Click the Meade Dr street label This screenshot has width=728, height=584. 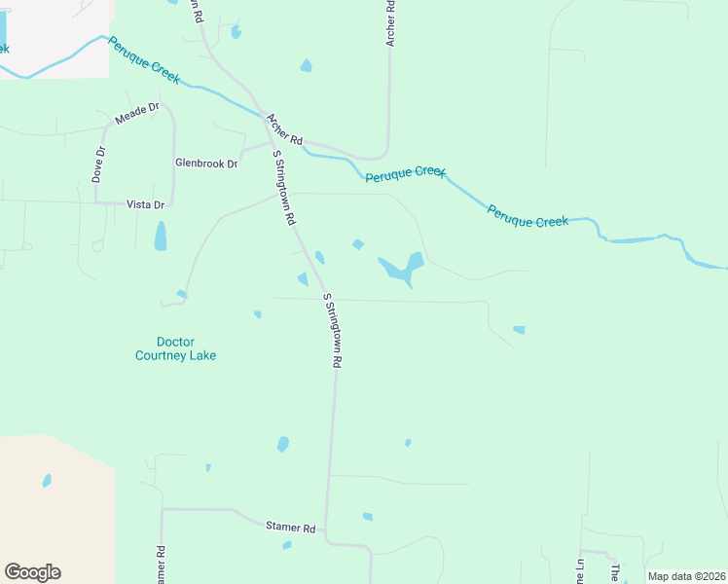136,113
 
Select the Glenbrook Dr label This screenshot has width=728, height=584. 206,164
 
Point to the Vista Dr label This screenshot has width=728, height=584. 146,204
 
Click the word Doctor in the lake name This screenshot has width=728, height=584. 175,342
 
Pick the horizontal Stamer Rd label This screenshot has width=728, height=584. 291,528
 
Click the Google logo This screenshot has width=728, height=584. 32,572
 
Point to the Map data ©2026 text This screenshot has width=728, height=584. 685,576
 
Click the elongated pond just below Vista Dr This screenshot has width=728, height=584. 161,236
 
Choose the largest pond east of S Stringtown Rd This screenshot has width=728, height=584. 402,267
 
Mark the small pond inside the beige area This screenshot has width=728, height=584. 47,481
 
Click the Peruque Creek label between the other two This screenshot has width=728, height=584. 405,174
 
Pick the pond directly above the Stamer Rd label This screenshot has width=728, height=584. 283,444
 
